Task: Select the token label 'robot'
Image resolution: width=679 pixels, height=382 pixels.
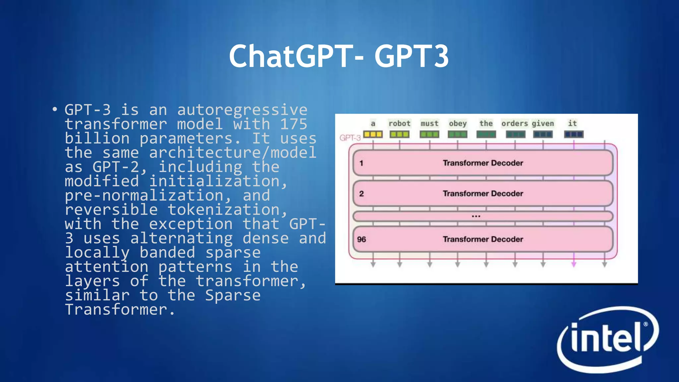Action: click(399, 124)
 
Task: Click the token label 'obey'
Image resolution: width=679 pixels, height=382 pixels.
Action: click(458, 124)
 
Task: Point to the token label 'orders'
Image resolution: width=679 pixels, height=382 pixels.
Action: click(514, 124)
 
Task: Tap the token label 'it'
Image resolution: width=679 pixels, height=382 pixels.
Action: click(572, 123)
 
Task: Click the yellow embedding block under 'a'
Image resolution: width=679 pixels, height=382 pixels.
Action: click(373, 134)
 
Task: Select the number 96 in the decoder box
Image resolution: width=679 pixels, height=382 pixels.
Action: click(361, 239)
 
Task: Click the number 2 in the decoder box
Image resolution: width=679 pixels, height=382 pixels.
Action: click(361, 194)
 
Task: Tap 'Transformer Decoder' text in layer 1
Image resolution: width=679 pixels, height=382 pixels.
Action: click(483, 163)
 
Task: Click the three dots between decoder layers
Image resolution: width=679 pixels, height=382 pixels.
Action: click(476, 216)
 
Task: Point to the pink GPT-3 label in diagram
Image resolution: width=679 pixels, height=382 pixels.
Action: click(350, 138)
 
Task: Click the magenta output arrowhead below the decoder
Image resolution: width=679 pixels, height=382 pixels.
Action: click(574, 264)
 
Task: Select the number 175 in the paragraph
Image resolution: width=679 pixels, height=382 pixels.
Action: click(294, 124)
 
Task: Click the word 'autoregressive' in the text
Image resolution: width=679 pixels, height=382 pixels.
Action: click(242, 110)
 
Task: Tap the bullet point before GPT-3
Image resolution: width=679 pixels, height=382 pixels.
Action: click(55, 109)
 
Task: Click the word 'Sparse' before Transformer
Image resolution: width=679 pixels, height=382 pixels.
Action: click(233, 295)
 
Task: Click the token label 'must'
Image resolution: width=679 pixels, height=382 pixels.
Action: click(429, 124)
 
